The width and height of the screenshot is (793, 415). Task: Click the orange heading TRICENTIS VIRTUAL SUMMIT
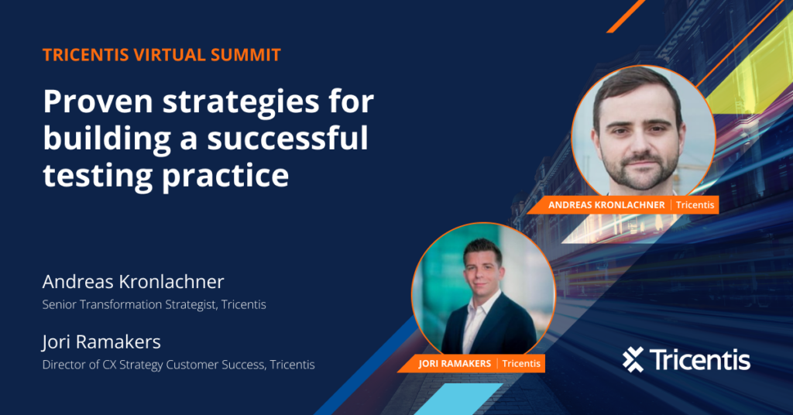coord(161,56)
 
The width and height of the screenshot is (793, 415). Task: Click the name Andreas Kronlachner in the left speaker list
coord(133,281)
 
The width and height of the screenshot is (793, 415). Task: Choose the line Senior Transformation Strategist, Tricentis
coord(154,305)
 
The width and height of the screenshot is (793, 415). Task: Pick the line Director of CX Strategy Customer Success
coord(178,365)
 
